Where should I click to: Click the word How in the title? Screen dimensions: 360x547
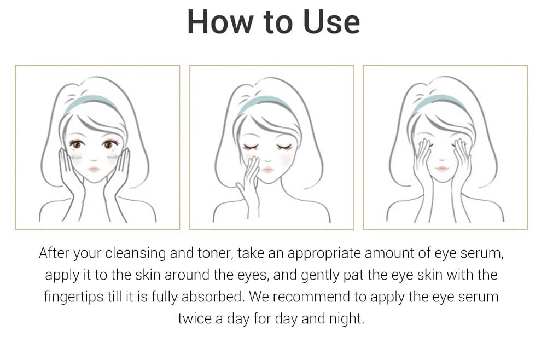(219, 22)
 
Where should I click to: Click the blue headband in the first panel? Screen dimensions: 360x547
(90, 102)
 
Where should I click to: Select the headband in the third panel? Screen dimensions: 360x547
(439, 102)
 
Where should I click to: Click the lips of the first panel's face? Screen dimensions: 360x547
(94, 170)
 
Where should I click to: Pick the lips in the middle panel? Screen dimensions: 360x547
(267, 170)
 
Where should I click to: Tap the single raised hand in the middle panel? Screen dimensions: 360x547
(250, 181)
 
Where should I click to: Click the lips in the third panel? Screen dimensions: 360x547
(442, 169)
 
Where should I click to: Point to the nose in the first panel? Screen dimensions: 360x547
(94, 159)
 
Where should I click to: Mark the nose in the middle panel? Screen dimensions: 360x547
(268, 160)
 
